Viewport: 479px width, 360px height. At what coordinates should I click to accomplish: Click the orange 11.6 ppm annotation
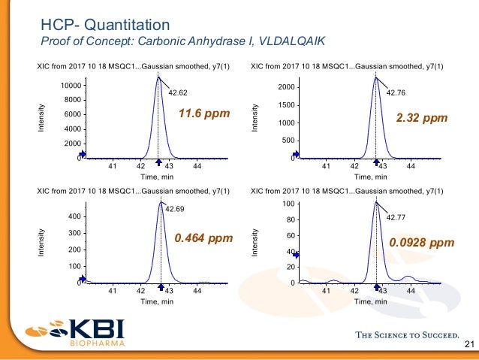(202, 114)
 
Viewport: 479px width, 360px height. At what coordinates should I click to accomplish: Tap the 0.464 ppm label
(203, 238)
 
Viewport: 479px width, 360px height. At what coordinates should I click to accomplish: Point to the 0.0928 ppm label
(421, 243)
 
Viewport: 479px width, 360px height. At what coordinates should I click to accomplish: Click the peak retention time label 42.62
(178, 93)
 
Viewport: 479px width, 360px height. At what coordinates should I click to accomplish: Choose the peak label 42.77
(396, 217)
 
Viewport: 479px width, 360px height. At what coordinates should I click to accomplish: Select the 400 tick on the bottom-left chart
(74, 216)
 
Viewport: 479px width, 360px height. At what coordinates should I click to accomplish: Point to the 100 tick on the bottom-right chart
(288, 204)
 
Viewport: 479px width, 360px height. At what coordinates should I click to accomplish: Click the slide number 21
(470, 345)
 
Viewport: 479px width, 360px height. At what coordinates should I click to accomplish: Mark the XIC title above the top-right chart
(346, 67)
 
